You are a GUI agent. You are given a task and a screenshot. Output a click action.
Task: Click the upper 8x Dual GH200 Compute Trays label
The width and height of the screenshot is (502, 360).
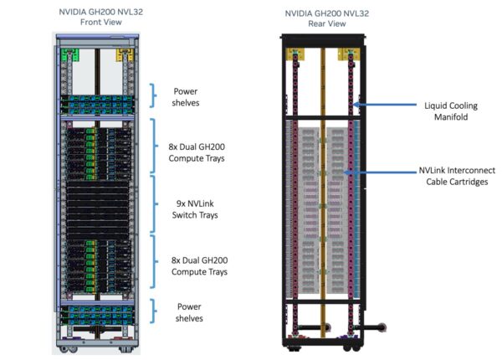(x=197, y=147)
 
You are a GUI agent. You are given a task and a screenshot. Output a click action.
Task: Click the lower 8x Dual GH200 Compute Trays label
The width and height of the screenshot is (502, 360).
(x=197, y=265)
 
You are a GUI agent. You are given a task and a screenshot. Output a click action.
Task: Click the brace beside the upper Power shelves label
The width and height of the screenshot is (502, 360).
(x=152, y=95)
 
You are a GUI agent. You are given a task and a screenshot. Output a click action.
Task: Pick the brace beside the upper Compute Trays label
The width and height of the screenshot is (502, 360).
(x=152, y=147)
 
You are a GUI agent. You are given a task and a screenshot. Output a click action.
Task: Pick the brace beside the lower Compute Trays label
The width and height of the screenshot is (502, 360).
(x=152, y=263)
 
